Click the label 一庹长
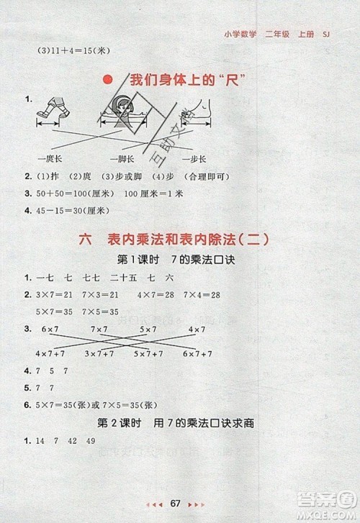pos(49,158)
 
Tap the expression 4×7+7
pos(49,355)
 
